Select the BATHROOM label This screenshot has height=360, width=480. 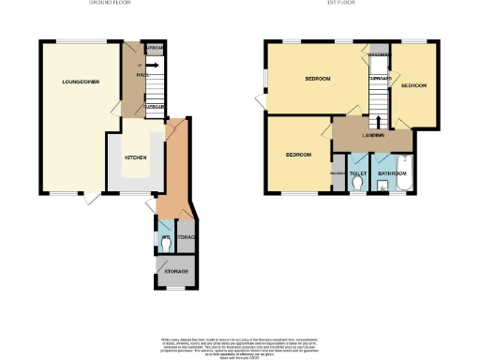tap(391, 174)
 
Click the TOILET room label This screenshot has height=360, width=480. tap(357, 174)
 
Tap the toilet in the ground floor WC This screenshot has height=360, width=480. tap(165, 241)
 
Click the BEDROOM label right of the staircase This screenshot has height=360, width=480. tap(413, 85)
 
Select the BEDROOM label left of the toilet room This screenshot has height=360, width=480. tap(298, 154)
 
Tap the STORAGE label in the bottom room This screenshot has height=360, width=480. tap(176, 272)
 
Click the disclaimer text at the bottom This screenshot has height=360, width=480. tap(239, 344)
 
